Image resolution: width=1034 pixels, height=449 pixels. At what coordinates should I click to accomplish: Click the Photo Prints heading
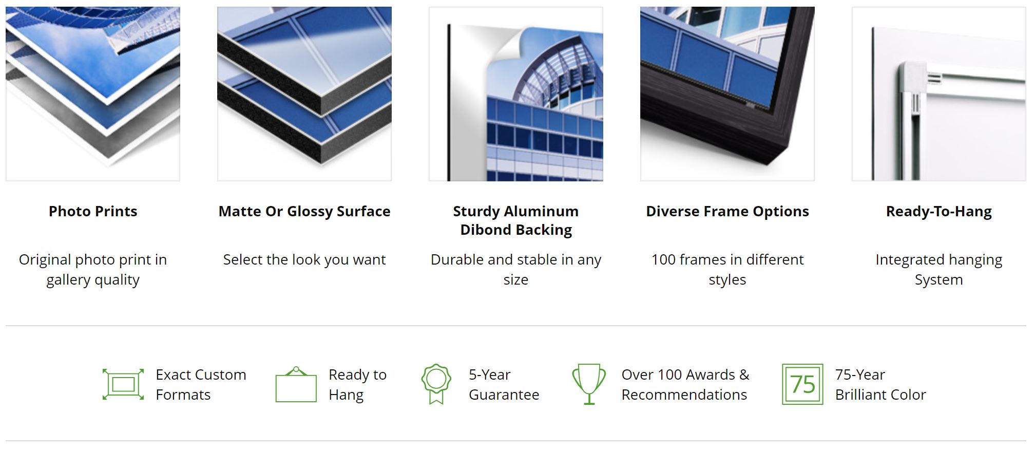tap(93, 211)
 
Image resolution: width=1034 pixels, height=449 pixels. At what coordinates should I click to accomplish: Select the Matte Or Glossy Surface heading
tap(304, 211)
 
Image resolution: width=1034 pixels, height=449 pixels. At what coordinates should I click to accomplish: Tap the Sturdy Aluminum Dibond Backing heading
tap(516, 220)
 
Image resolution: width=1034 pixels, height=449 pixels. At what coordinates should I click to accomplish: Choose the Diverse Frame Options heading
tap(727, 211)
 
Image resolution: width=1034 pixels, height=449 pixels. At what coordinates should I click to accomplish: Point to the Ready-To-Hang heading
tap(939, 211)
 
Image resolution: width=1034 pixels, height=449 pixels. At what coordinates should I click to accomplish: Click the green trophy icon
tap(589, 384)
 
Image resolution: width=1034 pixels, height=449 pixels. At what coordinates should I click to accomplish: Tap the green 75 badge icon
tap(802, 384)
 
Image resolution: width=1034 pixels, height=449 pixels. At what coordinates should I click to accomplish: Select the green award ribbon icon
tap(436, 384)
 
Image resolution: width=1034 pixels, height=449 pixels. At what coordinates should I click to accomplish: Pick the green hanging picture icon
tap(296, 384)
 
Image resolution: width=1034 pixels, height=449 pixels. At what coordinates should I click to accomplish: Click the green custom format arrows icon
tap(123, 384)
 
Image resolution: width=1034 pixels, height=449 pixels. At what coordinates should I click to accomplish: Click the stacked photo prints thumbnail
tap(93, 94)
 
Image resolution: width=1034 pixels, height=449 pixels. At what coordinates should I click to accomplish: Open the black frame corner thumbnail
tap(727, 94)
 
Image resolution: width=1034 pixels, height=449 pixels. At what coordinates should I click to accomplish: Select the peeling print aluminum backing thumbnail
tap(516, 94)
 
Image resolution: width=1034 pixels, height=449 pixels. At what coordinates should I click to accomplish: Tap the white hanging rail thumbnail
tap(939, 94)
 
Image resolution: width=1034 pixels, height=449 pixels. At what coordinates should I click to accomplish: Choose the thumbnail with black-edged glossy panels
tap(304, 94)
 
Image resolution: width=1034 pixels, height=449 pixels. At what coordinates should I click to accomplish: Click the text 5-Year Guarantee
tap(504, 384)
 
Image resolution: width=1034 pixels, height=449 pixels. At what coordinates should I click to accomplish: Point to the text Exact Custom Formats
tap(201, 384)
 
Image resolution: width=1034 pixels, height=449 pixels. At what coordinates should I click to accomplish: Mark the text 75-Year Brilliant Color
tap(880, 384)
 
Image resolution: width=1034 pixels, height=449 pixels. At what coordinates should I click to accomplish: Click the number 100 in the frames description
tap(664, 259)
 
